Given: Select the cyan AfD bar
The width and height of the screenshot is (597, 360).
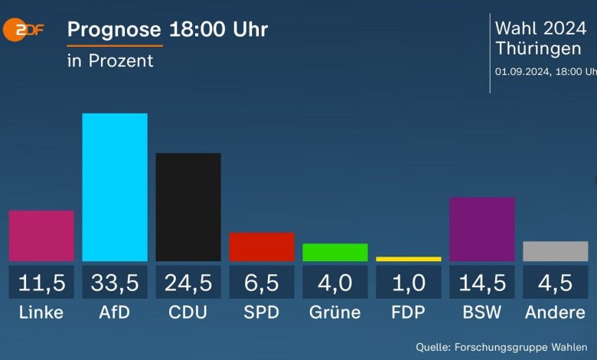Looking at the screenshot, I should [x=115, y=187].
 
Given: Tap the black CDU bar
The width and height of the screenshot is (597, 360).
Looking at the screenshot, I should [x=188, y=207].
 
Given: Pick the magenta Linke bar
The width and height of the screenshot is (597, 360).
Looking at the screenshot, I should [x=41, y=236].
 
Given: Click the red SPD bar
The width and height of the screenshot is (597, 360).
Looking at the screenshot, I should [x=262, y=247].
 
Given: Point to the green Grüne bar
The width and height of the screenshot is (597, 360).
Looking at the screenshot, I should [x=335, y=252].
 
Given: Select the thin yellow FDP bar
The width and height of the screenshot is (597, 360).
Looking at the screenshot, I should [x=409, y=259].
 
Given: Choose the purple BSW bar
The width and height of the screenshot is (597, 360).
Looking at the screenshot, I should [x=482, y=229].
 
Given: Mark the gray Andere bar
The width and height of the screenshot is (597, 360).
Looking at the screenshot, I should [x=556, y=251].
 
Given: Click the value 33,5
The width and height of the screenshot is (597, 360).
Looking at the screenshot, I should [x=115, y=283].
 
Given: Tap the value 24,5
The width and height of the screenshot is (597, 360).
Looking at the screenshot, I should [x=188, y=283].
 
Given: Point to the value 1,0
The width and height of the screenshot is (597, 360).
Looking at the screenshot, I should [x=409, y=283].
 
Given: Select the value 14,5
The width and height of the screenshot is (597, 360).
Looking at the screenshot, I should [x=482, y=283].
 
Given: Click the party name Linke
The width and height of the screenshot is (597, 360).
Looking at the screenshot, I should [x=41, y=313].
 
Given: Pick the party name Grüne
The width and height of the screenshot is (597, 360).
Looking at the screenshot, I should [x=335, y=313].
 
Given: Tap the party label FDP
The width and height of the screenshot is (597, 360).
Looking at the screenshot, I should [x=409, y=313].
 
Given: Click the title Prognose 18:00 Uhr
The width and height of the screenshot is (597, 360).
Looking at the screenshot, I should [x=168, y=30].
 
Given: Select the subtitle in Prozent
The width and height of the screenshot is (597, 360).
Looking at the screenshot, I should [x=110, y=61].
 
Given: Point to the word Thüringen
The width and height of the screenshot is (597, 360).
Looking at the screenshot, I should [x=537, y=48].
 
